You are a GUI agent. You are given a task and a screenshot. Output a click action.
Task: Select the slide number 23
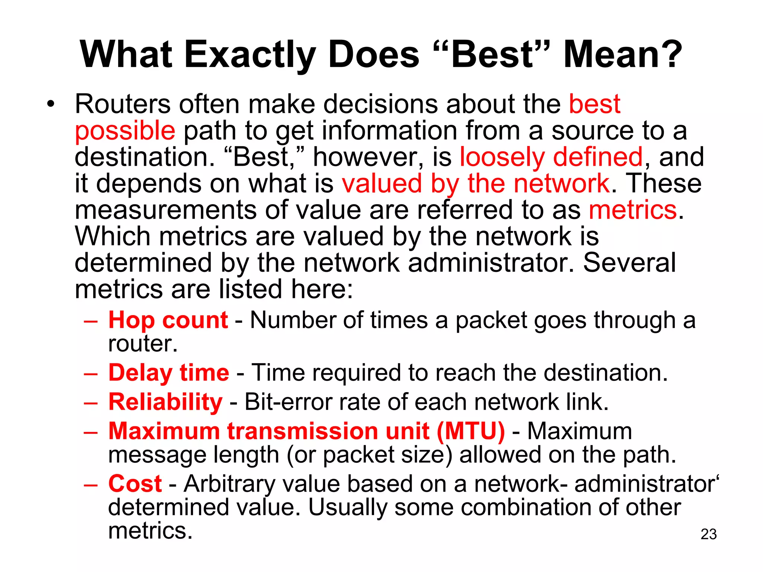click(709, 534)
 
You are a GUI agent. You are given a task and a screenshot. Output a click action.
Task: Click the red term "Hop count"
click(168, 320)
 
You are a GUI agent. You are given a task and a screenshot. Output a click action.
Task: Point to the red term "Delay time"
click(169, 373)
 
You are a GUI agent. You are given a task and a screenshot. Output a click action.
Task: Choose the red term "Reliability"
click(165, 402)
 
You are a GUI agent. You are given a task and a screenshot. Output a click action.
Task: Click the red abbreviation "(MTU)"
click(471, 431)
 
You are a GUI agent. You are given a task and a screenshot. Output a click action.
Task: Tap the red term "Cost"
click(135, 484)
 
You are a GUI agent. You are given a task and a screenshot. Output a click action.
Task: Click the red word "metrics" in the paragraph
click(633, 210)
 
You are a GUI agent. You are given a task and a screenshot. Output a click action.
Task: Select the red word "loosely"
click(502, 157)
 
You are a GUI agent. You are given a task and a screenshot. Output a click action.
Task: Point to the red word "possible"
click(125, 131)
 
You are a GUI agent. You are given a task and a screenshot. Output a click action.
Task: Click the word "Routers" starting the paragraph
click(123, 104)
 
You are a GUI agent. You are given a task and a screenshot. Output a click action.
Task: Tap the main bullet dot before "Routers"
click(51, 104)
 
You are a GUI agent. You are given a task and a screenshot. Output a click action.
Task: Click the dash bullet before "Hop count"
click(91, 321)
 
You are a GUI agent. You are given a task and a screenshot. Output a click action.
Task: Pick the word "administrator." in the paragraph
click(491, 263)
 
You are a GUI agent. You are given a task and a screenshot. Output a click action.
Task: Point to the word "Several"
click(629, 263)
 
